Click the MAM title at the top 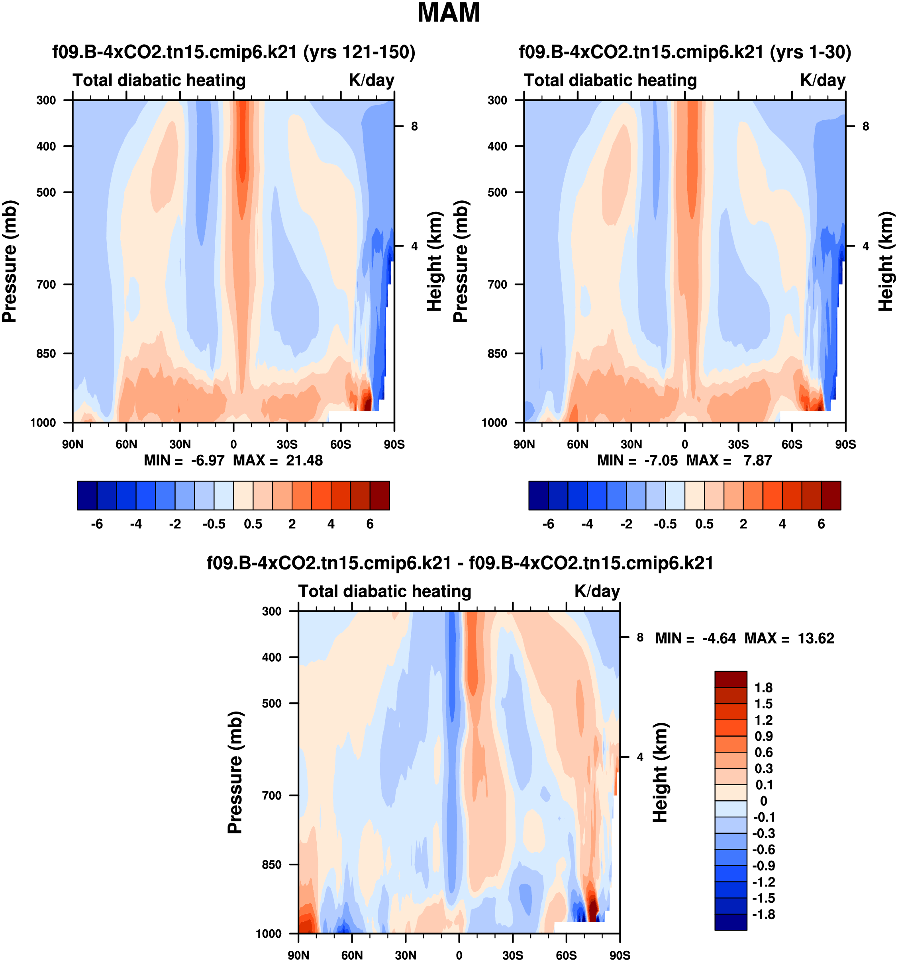449,13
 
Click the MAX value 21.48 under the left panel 304,460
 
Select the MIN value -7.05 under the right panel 661,460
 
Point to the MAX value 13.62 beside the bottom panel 816,638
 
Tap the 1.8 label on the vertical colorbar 763,688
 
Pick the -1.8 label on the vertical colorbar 763,914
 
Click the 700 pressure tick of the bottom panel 272,795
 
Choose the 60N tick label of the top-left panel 126,444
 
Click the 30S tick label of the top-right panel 738,444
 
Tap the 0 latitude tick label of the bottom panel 459,955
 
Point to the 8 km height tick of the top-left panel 414,126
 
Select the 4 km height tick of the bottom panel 640,757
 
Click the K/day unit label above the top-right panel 822,80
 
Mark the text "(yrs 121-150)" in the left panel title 359,52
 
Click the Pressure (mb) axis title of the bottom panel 235,772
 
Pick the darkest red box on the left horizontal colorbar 380,495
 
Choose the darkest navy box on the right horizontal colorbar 538,495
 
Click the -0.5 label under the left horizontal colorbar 214,524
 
